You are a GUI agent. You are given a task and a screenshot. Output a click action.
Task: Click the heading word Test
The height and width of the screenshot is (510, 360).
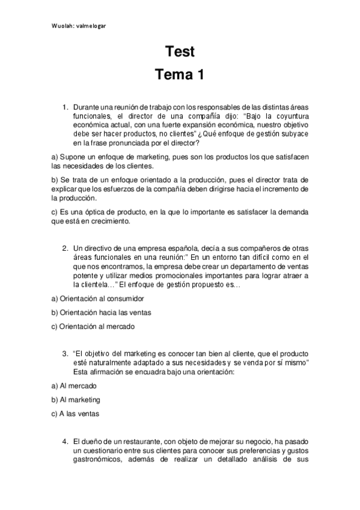180,52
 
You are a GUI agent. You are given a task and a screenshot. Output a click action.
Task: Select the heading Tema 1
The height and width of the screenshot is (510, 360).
180,75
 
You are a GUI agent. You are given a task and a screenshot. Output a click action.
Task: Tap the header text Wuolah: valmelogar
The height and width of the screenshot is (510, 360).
82,26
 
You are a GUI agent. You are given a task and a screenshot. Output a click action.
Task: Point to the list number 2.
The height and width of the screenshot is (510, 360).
66,248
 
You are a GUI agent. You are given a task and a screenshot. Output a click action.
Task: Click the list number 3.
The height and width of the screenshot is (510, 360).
66,354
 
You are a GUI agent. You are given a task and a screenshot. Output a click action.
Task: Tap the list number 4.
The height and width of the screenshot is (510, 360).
66,441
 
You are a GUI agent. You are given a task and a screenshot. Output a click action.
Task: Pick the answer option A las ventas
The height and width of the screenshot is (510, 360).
79,414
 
